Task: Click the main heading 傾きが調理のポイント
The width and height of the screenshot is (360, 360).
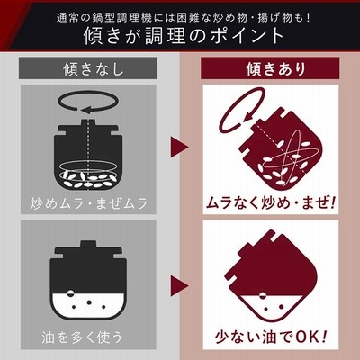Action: (184, 36)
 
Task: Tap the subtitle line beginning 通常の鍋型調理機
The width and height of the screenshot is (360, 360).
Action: (184, 18)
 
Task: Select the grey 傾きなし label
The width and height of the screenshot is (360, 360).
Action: (88, 68)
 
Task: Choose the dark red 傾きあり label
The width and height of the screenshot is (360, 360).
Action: (270, 68)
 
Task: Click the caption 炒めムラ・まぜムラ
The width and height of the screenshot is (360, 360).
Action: (89, 203)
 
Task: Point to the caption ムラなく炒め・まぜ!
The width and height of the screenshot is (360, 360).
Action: (270, 203)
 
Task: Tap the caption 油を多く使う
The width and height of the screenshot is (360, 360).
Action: (82, 337)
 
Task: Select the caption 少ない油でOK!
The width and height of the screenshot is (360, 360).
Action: (271, 337)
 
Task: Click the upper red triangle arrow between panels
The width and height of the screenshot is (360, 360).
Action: (179, 147)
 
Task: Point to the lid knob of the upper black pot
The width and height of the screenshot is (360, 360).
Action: (87, 122)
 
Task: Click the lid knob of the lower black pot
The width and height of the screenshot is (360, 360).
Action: (85, 245)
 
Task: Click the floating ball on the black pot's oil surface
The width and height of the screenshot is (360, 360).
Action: (70, 293)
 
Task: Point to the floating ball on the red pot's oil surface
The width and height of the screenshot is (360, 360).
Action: (262, 295)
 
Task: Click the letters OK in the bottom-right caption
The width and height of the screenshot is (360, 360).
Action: (308, 337)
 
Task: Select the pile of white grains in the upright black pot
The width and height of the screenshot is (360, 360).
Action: (88, 179)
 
